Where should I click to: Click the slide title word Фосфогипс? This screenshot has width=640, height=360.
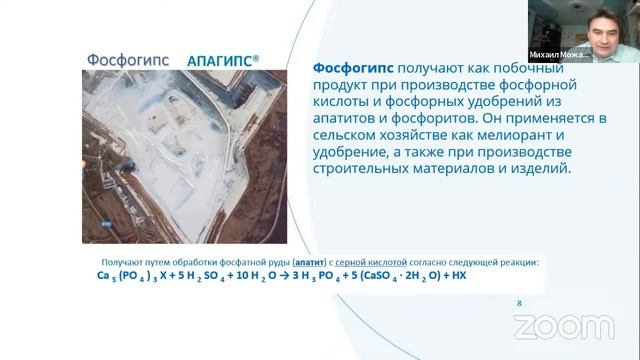[126, 59]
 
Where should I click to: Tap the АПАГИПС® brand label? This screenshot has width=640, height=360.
[222, 60]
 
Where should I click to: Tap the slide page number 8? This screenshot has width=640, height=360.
[518, 303]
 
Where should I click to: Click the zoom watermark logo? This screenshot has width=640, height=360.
[563, 326]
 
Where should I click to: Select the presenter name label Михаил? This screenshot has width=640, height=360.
[547, 56]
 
